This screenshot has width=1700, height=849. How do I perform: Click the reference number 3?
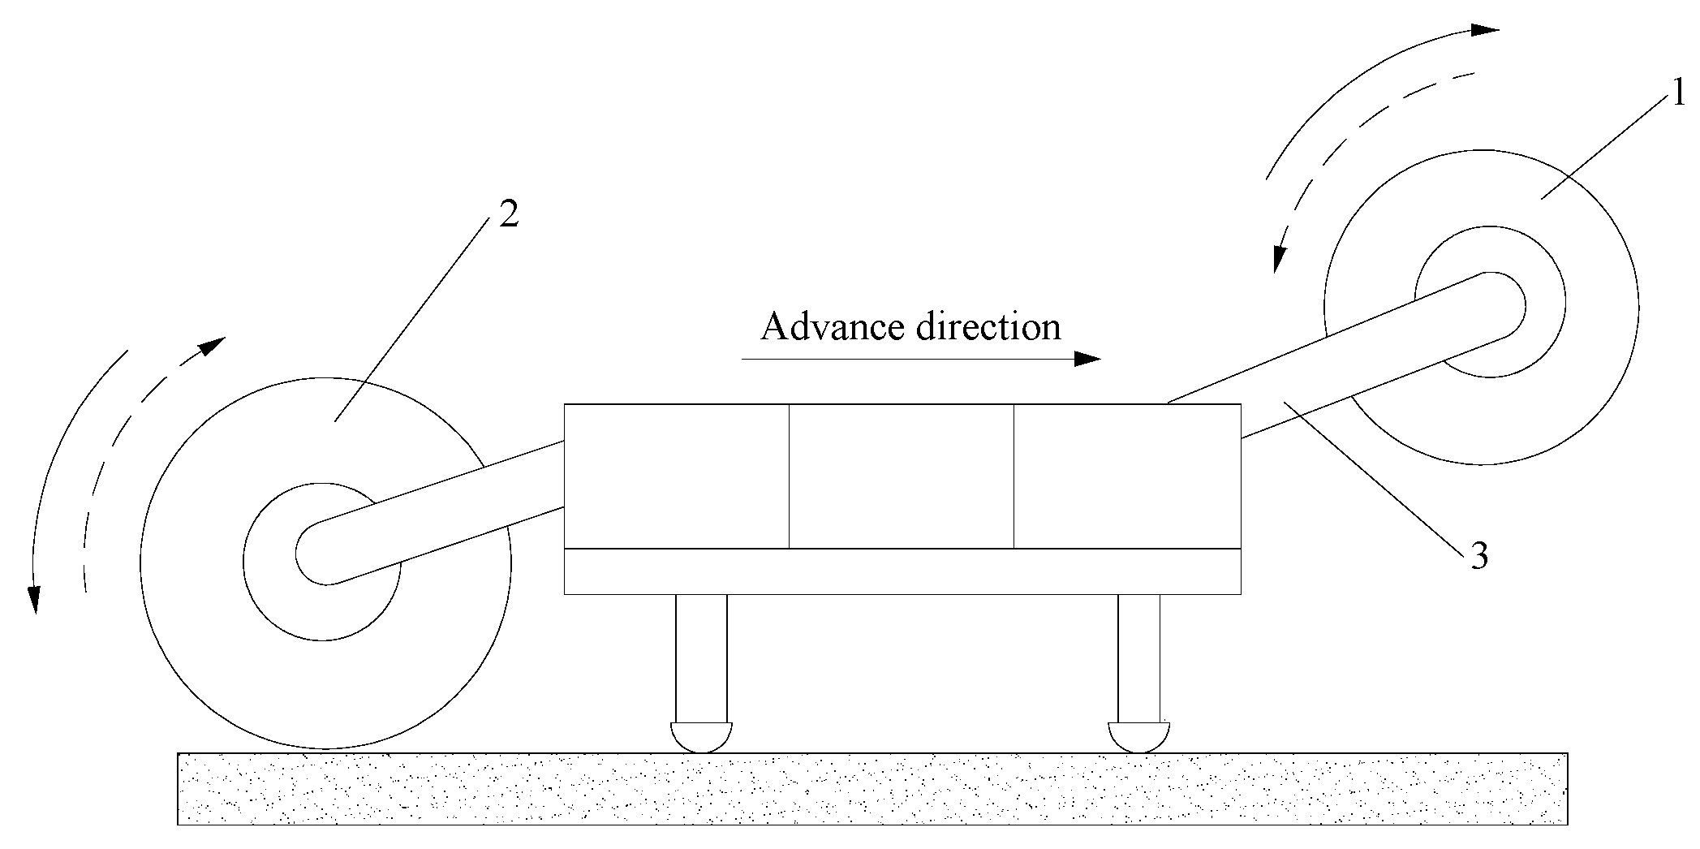pos(1479,558)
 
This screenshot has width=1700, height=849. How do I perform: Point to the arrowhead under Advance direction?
pos(1087,359)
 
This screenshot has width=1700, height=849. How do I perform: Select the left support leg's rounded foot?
pos(702,736)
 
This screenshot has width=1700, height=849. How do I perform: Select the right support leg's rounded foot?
pos(1139,736)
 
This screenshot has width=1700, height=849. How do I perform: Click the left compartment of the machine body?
pos(676,476)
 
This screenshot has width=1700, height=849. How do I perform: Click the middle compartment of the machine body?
pos(901,476)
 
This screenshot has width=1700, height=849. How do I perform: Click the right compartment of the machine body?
pos(1127,476)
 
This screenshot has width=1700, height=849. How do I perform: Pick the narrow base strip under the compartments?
pos(902,571)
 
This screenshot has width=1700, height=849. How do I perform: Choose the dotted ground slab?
pos(872,789)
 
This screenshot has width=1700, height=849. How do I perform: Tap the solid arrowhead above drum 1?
pos(1484,30)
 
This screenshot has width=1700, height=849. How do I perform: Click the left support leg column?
pos(701,657)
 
